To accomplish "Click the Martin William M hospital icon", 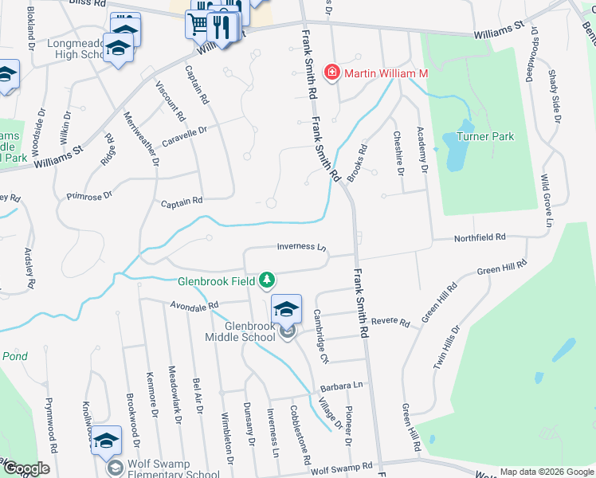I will [330, 73].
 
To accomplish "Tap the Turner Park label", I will [484, 136].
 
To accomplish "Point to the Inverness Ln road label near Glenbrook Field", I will [302, 248].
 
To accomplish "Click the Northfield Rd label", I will [480, 237].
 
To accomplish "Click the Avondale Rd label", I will [194, 305].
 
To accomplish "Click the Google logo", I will [26, 468].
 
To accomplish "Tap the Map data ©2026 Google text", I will [546, 472].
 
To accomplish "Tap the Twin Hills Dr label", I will [446, 347].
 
